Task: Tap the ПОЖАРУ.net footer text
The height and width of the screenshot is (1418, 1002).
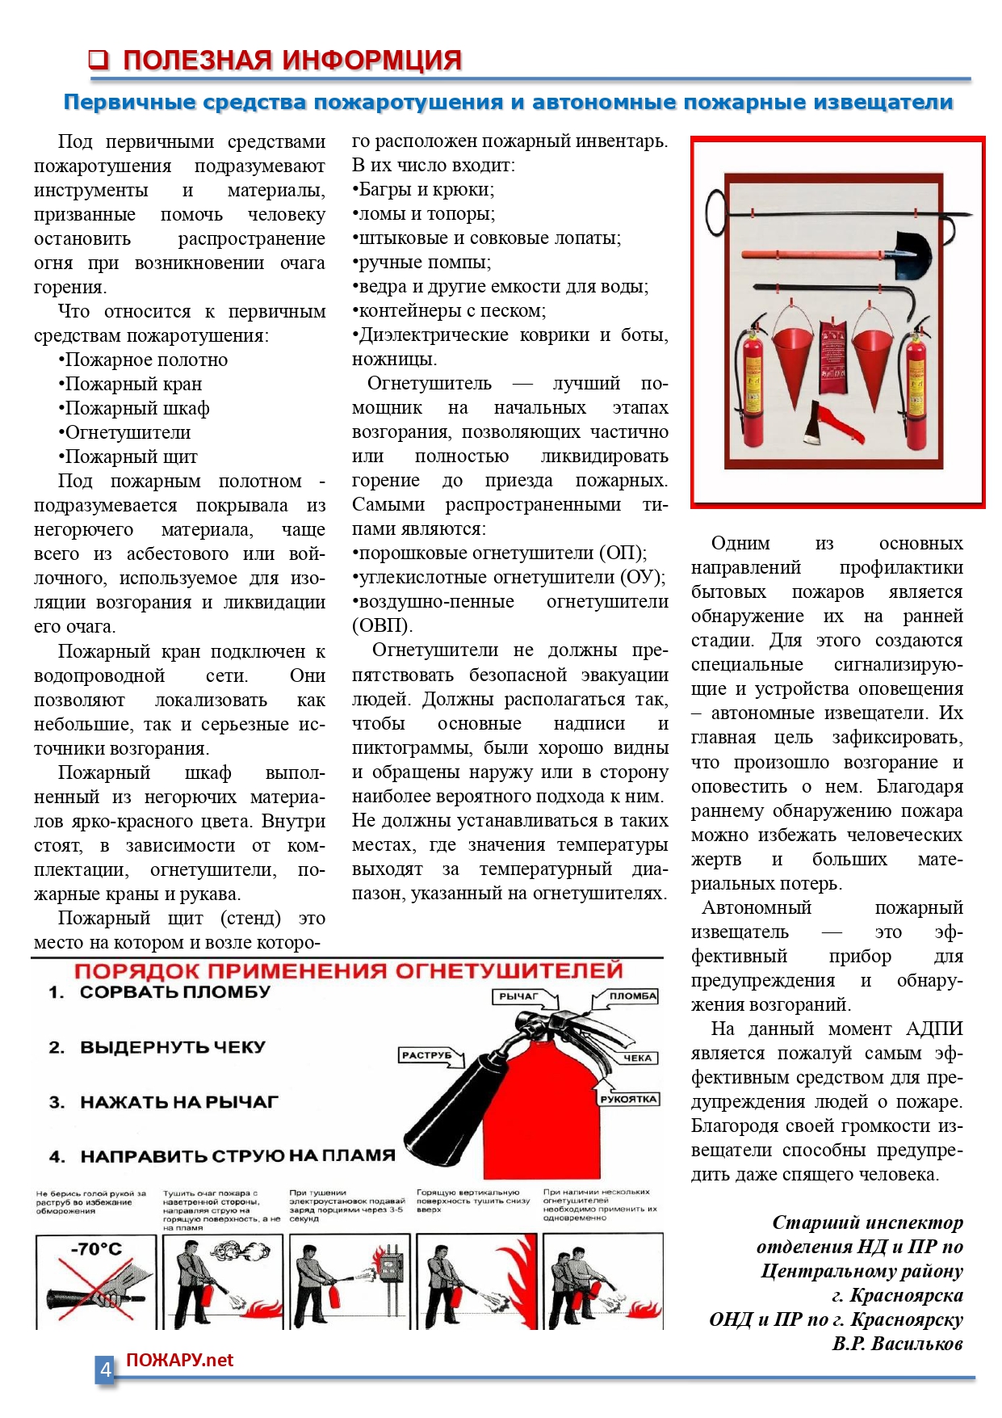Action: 179,1361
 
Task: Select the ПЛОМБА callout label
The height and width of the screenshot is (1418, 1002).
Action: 632,996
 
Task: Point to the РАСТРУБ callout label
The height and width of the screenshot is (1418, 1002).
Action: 426,1055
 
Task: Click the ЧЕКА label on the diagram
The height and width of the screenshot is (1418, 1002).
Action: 637,1058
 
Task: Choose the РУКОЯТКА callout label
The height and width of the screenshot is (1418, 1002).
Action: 629,1099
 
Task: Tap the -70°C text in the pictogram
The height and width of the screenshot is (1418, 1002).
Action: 96,1249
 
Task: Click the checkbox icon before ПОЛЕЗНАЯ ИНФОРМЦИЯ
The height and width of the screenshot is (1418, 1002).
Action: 99,59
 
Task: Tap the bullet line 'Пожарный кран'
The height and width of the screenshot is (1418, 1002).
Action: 133,384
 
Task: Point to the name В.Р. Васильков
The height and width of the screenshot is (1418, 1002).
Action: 897,1344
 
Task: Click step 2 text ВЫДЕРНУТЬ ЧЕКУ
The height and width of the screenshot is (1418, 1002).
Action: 172,1047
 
